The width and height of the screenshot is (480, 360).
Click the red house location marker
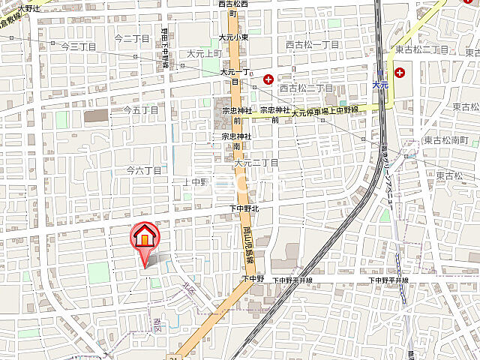[x=144, y=238]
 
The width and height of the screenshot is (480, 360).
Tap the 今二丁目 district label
[x=132, y=37]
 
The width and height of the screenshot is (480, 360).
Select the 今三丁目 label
[x=79, y=46]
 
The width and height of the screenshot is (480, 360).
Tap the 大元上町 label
[x=203, y=53]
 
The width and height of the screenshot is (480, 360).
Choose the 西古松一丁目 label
[x=313, y=45]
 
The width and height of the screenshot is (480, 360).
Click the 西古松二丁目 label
[x=306, y=88]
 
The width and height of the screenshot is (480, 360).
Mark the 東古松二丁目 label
[x=421, y=49]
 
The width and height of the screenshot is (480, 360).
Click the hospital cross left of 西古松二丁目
[x=268, y=79]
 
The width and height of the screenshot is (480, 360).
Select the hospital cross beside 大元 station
[x=400, y=73]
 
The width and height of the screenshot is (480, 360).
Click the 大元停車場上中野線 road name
[x=325, y=112]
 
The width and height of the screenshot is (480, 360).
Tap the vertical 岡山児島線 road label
[x=247, y=247]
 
